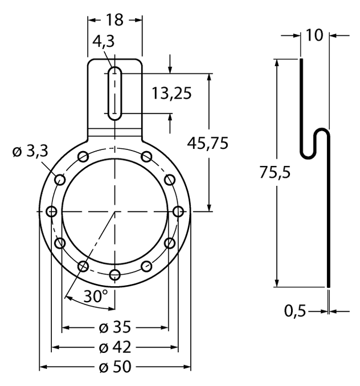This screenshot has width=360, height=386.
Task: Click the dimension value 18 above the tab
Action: (114, 19)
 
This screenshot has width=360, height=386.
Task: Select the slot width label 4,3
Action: (103, 41)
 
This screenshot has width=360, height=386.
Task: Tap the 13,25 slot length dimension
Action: (171, 94)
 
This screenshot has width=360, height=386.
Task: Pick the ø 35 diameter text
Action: (114, 327)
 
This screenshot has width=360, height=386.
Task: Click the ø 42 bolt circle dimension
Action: (114, 347)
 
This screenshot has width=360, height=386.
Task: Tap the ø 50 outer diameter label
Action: (114, 366)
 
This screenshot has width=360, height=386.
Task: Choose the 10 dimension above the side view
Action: (314, 35)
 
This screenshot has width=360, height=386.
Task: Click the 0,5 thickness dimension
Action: (295, 311)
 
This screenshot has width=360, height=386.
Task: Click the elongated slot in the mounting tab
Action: (115, 94)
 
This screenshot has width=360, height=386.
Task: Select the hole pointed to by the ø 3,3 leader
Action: (60, 180)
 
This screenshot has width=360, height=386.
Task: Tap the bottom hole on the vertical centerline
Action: (115, 275)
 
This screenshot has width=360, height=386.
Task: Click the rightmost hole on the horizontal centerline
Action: (178, 212)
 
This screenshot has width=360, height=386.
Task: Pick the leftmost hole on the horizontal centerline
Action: (52, 212)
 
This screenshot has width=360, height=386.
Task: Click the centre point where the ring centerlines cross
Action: (115, 212)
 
